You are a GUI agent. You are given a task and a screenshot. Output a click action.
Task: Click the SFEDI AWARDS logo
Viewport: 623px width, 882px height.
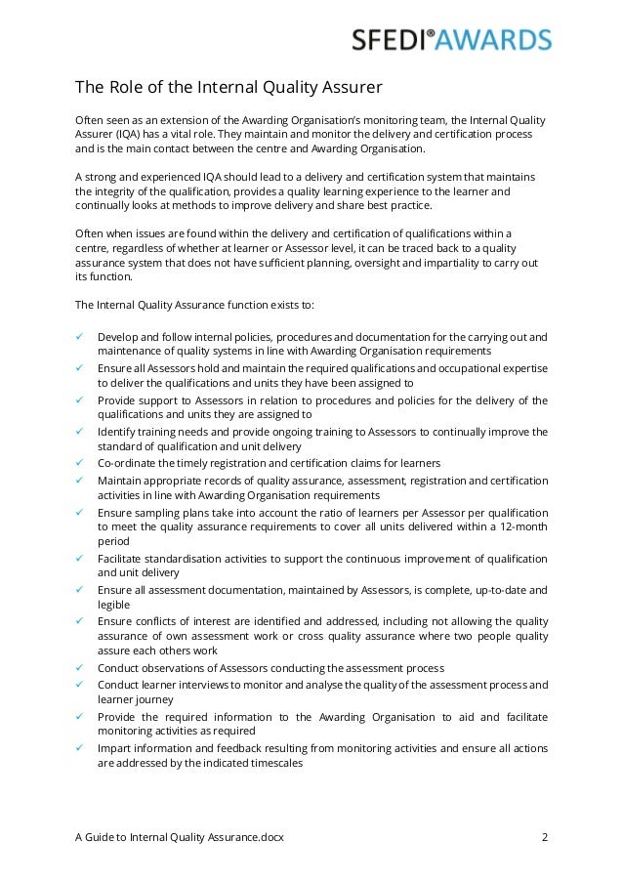pos(451,40)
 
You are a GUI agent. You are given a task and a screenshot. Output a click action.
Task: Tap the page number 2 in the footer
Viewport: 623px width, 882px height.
pos(544,836)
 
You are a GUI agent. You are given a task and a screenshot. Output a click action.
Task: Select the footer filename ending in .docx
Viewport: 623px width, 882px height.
pos(180,836)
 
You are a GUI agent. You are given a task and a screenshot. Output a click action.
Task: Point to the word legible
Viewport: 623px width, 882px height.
pos(114,605)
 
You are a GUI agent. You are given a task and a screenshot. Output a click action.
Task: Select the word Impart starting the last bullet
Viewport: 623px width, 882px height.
pos(115,747)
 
